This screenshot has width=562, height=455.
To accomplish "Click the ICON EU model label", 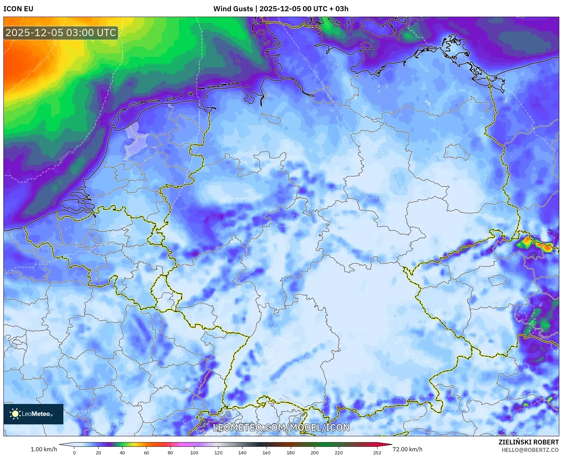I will [18, 9].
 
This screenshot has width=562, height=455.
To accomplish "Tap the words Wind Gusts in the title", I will [233, 9].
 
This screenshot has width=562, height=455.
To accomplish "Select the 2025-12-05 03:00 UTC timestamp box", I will [61, 33].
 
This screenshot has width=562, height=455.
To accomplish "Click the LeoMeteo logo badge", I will [33, 414].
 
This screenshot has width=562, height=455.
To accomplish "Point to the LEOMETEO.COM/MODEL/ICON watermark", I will [281, 428].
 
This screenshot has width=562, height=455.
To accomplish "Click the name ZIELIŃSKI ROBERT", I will [529, 442].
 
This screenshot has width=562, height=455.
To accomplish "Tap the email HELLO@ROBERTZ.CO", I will [530, 450].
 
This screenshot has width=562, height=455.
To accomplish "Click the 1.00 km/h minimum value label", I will [44, 449].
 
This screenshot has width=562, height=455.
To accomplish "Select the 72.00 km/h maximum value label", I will [407, 449].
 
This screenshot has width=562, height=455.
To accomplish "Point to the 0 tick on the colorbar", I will [74, 453].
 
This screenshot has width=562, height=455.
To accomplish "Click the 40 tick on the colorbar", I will [122, 453].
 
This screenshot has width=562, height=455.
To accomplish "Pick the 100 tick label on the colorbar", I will [194, 453].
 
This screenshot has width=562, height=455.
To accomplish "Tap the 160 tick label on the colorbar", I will [267, 453].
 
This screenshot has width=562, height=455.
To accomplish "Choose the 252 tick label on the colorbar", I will [377, 453].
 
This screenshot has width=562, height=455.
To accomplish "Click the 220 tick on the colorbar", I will [338, 453].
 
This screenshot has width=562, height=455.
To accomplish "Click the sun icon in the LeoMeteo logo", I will [15, 414].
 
